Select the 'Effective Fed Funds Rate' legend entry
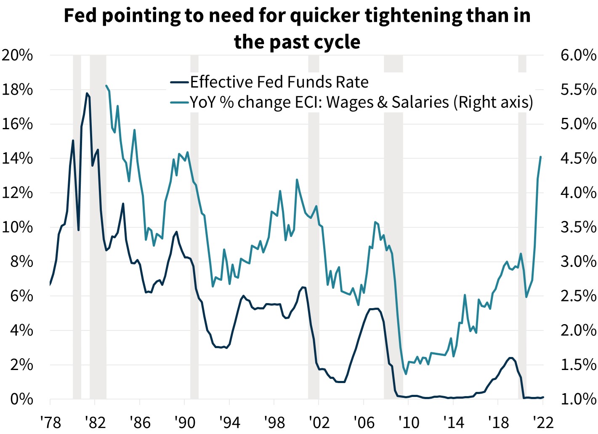click(x=279, y=82)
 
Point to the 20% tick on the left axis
click(x=17, y=55)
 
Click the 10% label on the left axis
click(x=17, y=227)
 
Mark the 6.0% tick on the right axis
click(x=578, y=55)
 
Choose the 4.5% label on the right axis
click(x=578, y=159)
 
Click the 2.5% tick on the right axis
click(x=578, y=296)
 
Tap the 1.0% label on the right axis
click(x=578, y=399)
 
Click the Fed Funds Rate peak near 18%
click(x=87, y=93)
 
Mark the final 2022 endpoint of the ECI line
click(x=540, y=157)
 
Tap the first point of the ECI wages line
click(x=106, y=85)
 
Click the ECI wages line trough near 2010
click(x=406, y=374)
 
